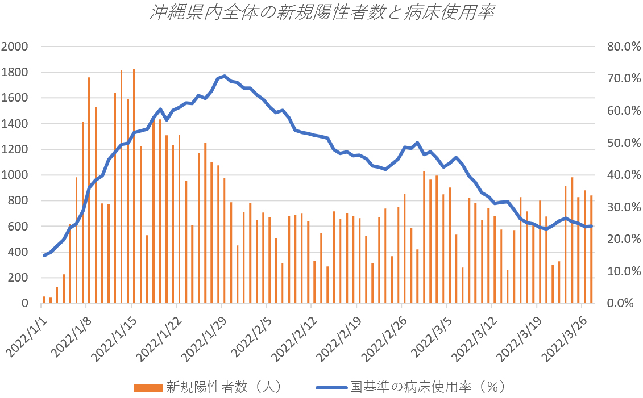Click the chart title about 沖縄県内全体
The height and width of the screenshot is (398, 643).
coord(321,14)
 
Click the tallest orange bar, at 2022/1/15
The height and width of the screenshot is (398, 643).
coord(134,187)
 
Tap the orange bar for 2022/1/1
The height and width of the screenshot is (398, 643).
coord(44,300)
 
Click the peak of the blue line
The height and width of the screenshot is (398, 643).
coord(225,76)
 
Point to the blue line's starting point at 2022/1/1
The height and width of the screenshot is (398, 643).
coord(44,255)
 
